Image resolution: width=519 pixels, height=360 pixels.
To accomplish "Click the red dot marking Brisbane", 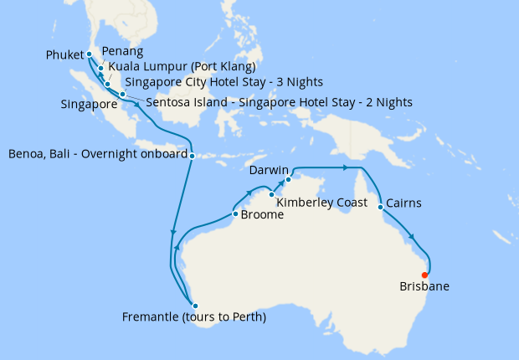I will (x=425, y=275).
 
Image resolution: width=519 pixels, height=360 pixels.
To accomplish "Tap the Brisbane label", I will (x=424, y=286).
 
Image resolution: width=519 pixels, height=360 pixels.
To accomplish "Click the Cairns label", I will (x=404, y=203).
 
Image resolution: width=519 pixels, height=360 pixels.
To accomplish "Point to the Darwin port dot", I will (x=287, y=179).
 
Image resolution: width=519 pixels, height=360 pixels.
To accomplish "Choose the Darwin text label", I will (x=269, y=170).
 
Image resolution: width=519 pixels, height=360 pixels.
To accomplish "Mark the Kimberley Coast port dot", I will (x=273, y=195).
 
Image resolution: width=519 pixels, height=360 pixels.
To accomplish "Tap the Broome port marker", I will (x=235, y=213).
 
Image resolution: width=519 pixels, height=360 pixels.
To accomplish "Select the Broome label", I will (x=262, y=215).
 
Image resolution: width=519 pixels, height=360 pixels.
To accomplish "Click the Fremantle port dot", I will (x=194, y=305).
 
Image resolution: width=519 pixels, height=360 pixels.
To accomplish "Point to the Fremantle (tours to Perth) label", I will (x=193, y=317).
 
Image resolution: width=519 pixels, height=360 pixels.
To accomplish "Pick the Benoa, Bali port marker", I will (x=193, y=156).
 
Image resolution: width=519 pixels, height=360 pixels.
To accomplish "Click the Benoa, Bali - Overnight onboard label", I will (x=96, y=155).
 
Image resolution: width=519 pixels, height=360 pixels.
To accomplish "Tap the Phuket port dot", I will (x=90, y=55).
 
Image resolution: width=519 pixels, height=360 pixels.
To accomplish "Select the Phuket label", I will (x=64, y=55).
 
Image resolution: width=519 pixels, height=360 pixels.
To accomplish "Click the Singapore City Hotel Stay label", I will (x=224, y=82).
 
